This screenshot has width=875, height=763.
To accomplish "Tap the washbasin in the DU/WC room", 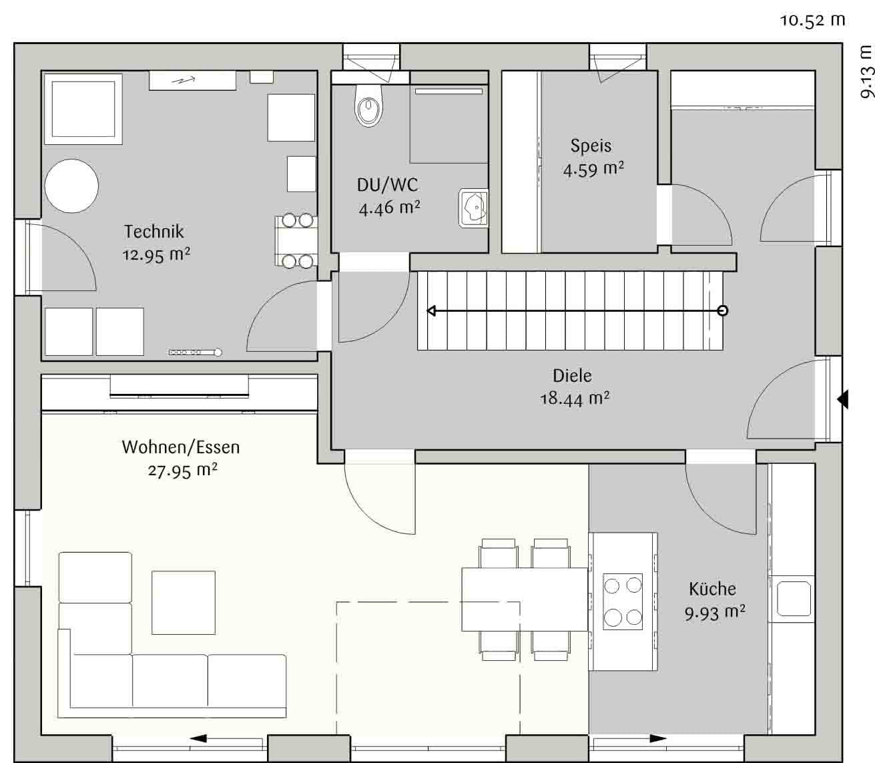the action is pyautogui.click(x=473, y=208).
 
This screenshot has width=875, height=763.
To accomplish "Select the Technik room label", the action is pyautogui.click(x=154, y=232).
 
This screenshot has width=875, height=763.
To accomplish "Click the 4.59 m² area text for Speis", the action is pyautogui.click(x=593, y=170).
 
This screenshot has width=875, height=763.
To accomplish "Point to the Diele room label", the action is pyautogui.click(x=572, y=376).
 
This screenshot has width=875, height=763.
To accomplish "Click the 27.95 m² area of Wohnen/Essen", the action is pyautogui.click(x=183, y=471).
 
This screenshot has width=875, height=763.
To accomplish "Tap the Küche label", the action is pyautogui.click(x=713, y=589).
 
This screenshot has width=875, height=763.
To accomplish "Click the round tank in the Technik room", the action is pyautogui.click(x=71, y=186).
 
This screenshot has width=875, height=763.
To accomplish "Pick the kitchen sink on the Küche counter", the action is pyautogui.click(x=794, y=598).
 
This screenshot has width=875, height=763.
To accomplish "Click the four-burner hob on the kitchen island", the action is pyautogui.click(x=623, y=601).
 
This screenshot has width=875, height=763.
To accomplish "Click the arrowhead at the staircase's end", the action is pyautogui.click(x=432, y=311).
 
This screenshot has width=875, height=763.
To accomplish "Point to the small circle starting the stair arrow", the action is pyautogui.click(x=723, y=310).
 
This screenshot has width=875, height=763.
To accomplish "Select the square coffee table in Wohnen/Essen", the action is pyautogui.click(x=184, y=603).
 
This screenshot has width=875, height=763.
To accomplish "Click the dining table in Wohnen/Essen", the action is pyautogui.click(x=525, y=599).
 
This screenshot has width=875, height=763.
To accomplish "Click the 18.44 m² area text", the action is pyautogui.click(x=575, y=399).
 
